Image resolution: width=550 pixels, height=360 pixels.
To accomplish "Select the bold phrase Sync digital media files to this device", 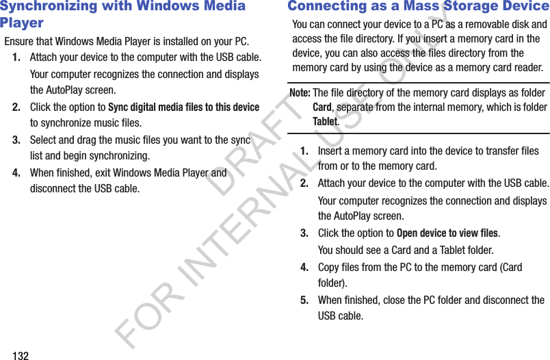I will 183,107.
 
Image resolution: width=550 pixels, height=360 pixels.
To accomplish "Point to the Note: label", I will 300,92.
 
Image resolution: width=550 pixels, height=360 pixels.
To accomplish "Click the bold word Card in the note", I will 322,107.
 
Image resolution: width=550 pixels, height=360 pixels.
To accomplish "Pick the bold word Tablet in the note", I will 325,122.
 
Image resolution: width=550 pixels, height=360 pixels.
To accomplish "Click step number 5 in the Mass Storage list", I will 304,300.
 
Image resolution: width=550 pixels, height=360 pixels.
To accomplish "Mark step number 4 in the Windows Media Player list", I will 16,173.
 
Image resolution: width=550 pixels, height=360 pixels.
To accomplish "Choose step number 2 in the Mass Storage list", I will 304,184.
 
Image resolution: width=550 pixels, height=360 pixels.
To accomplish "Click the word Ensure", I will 19,42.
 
